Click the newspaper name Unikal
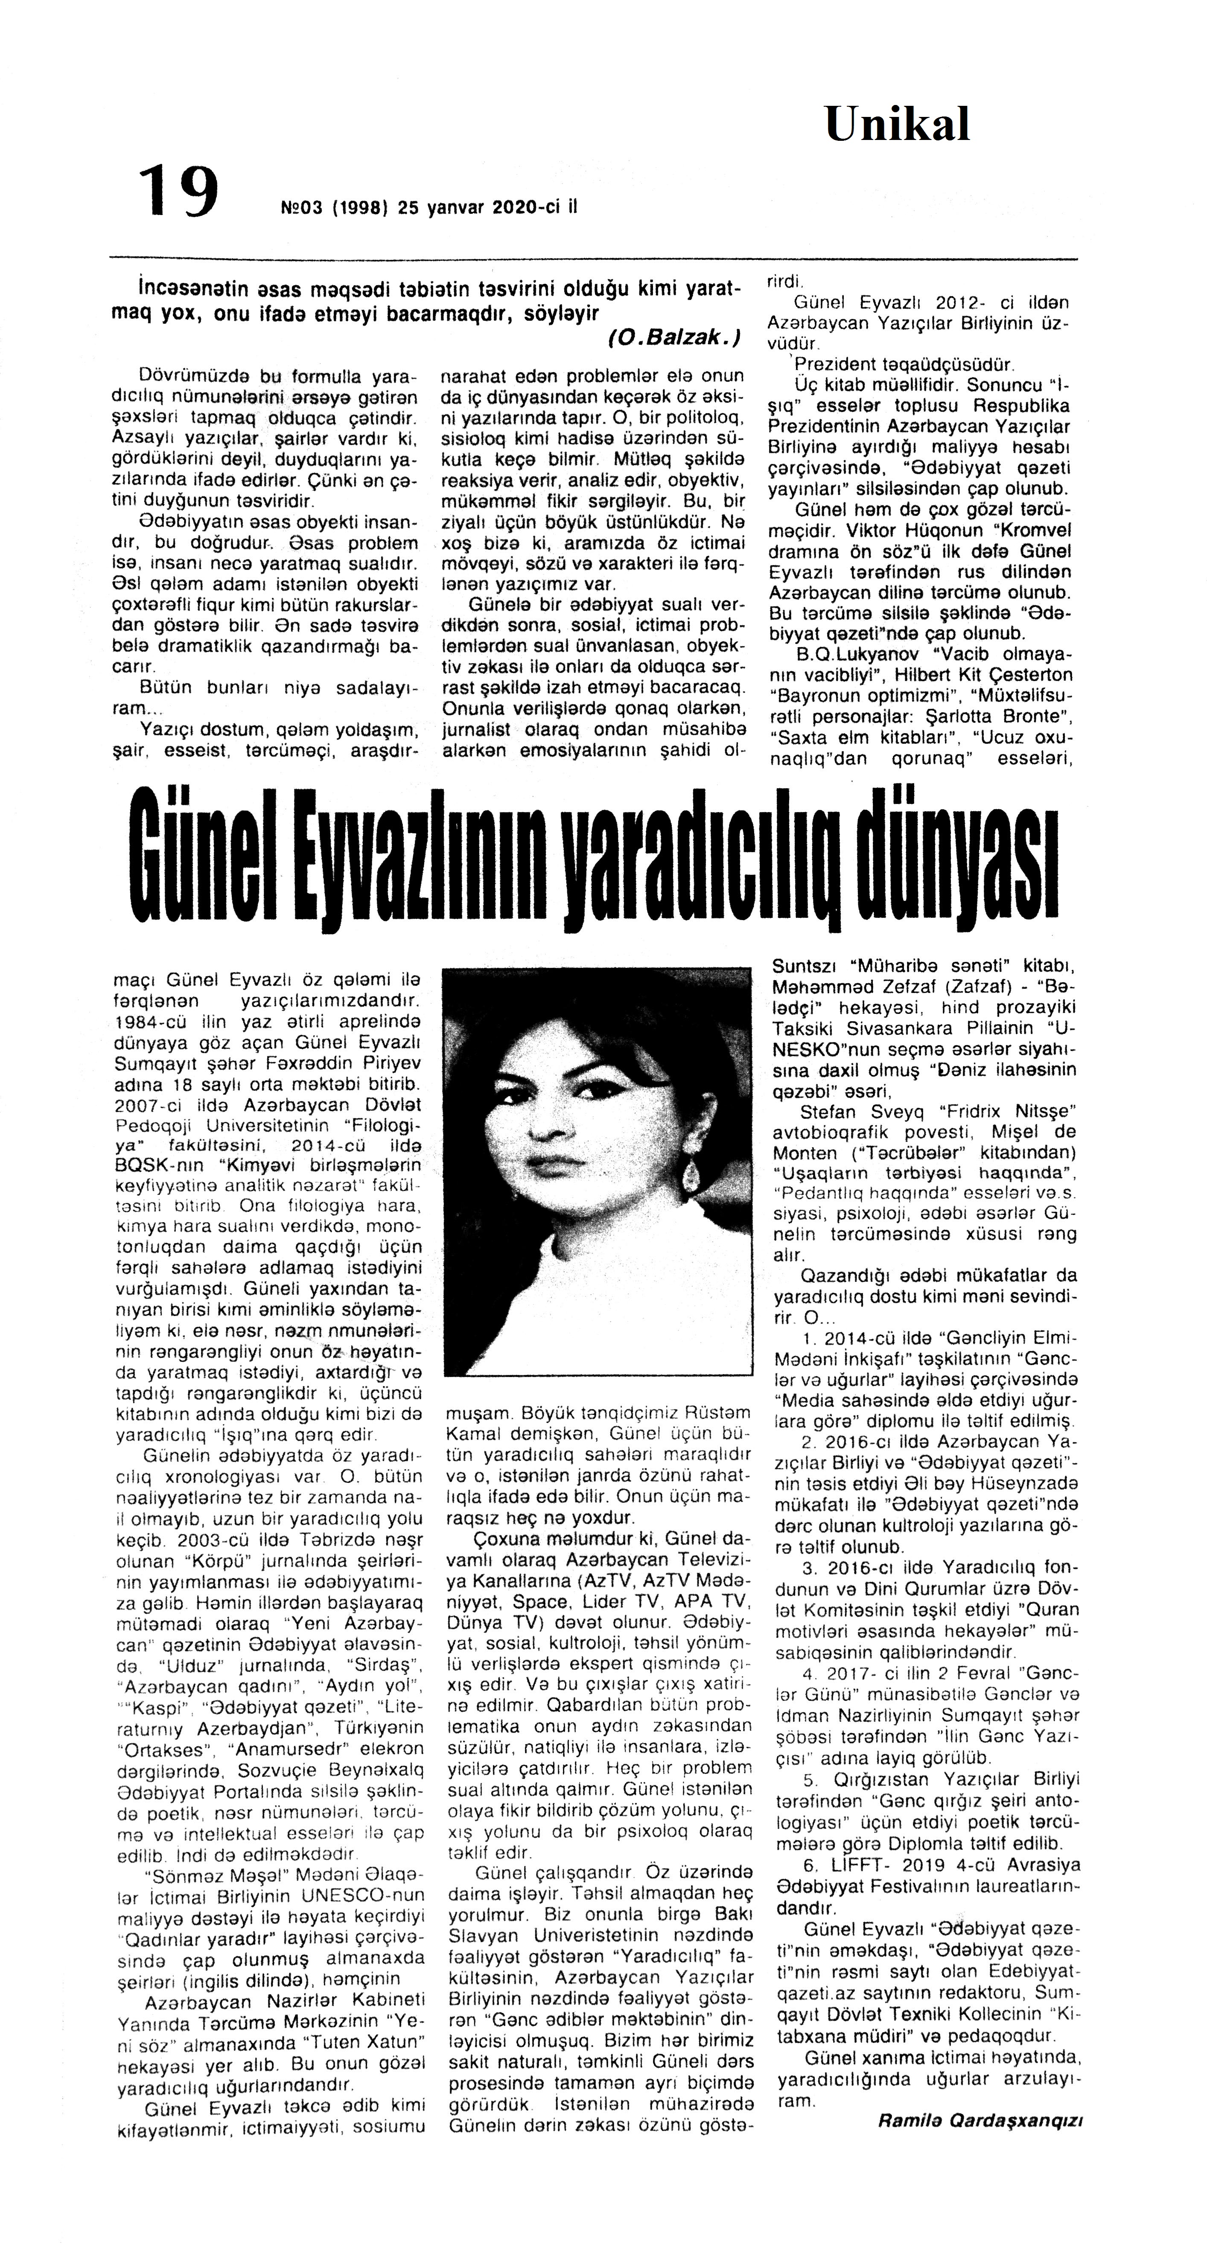coord(897,125)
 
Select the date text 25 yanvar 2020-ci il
coord(487,208)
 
